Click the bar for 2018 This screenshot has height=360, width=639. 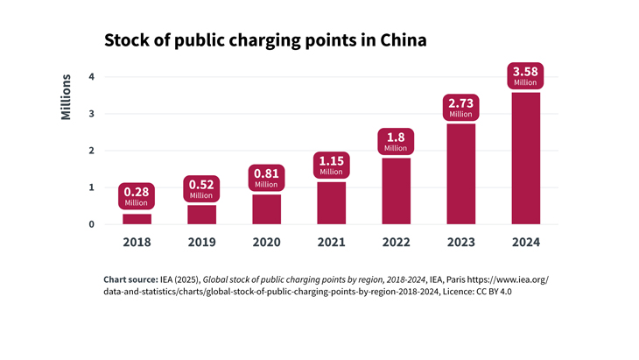(x=137, y=219)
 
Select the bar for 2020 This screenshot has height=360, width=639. (x=266, y=208)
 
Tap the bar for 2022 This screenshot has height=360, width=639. (x=396, y=191)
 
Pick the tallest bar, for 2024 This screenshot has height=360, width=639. (x=525, y=158)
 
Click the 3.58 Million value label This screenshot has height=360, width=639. (x=525, y=75)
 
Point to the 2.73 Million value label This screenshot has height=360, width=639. (x=460, y=107)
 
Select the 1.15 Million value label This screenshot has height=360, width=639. (x=331, y=165)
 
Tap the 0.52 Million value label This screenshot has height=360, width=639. (x=201, y=188)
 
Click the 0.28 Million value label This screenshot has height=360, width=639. (x=137, y=196)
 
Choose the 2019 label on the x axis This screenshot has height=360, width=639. (x=201, y=243)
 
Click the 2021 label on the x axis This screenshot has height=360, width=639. (x=331, y=243)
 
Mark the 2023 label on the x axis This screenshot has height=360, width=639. (x=460, y=243)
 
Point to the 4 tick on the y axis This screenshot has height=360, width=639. (x=91, y=77)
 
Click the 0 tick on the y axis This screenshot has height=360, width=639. (x=91, y=224)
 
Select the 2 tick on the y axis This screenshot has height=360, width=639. (x=91, y=151)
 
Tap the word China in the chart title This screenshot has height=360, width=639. (x=399, y=40)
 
